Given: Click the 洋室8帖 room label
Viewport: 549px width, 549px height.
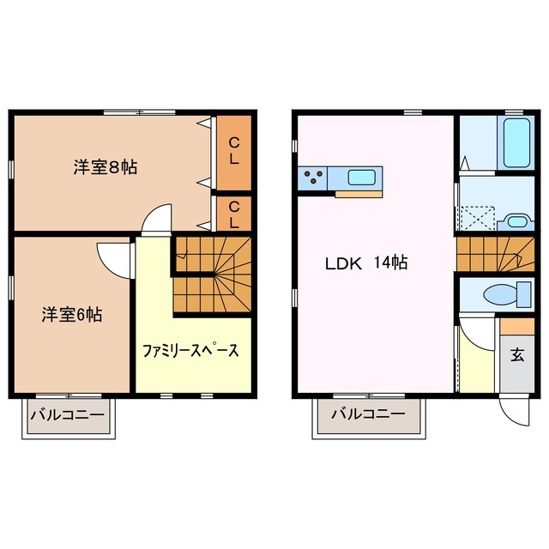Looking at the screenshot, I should click(x=104, y=167).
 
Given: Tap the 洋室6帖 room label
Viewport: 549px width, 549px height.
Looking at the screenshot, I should click(x=72, y=315).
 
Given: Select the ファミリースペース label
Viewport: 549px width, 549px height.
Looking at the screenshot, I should click(x=190, y=350).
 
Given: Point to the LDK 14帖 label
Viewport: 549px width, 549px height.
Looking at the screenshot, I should click(x=365, y=263).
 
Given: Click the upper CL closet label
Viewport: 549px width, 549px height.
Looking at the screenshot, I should click(x=233, y=151).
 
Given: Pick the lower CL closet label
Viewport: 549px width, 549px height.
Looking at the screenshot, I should click(x=233, y=214).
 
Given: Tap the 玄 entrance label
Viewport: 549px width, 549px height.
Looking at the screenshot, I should click(x=517, y=355).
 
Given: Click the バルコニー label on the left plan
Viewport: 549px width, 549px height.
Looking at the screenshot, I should click(x=68, y=416).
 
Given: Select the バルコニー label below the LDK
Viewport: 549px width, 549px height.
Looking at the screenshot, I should click(x=368, y=415).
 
